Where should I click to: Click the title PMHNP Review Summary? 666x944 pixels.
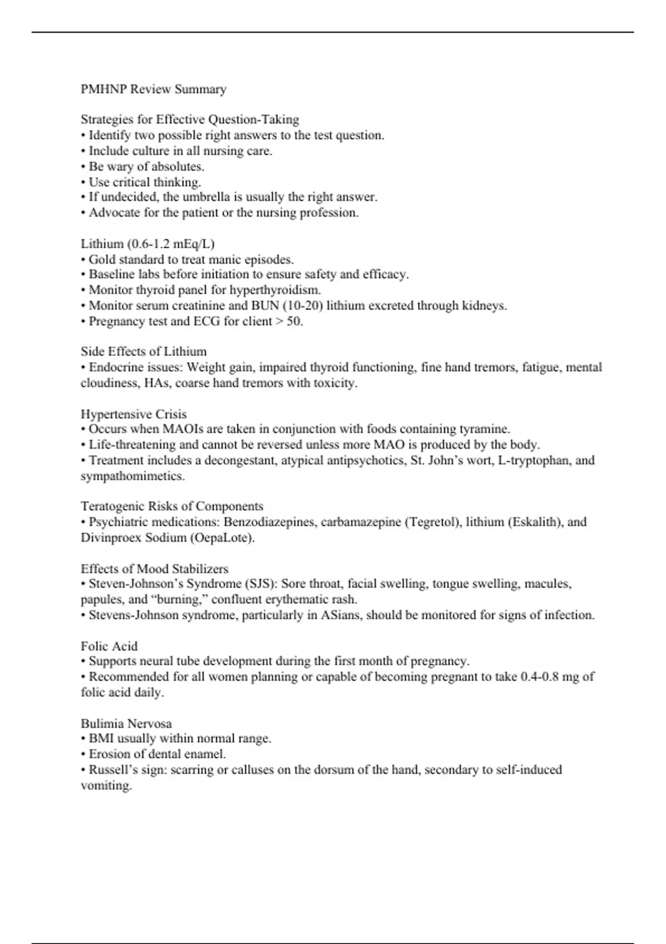click(x=153, y=89)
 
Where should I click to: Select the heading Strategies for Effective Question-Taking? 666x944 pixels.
click(x=190, y=119)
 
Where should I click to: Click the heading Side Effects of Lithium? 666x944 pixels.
click(x=144, y=352)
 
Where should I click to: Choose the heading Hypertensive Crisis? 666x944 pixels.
click(x=134, y=414)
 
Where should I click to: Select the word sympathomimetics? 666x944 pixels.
click(x=133, y=476)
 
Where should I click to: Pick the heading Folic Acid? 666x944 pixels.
click(x=109, y=646)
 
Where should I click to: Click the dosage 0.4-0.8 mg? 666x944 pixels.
click(x=551, y=677)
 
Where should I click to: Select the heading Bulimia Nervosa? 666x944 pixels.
click(x=126, y=724)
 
